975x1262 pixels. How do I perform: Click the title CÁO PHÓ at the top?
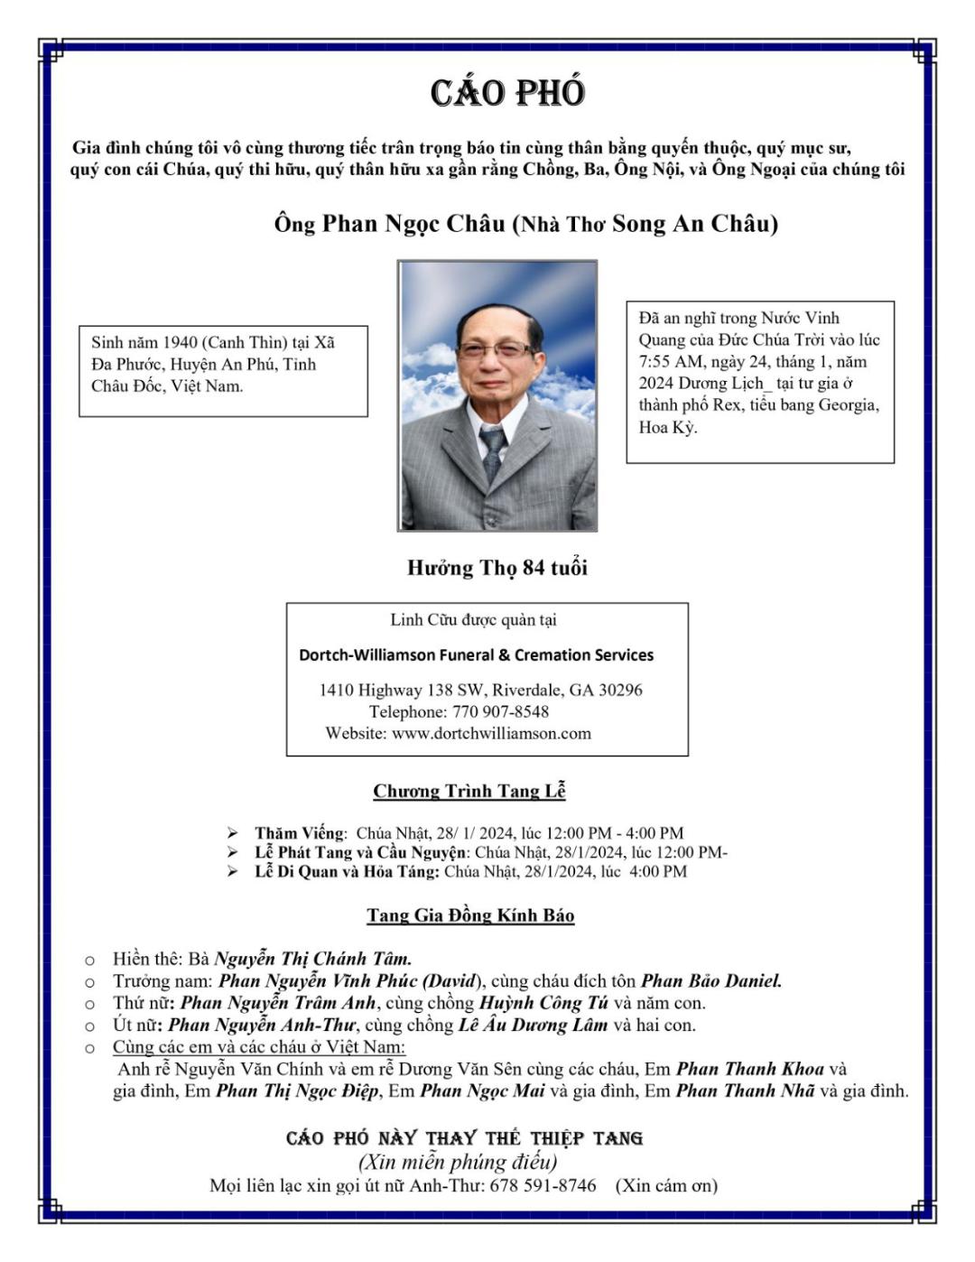[507, 93]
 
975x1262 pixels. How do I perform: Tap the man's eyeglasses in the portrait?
[497, 348]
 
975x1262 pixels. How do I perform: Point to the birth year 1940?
[179, 342]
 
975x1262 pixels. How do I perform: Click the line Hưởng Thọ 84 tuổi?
[497, 568]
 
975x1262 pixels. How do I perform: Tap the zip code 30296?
[620, 690]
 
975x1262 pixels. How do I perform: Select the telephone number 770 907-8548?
[499, 711]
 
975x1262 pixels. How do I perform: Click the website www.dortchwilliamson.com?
[491, 733]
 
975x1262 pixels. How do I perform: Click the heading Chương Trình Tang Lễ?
[469, 791]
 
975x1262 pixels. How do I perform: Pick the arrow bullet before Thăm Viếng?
[233, 833]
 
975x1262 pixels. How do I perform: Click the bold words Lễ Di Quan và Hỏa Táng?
[347, 871]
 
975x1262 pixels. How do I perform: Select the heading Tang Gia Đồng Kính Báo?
[470, 915]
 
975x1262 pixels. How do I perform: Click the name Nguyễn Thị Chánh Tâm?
[312, 959]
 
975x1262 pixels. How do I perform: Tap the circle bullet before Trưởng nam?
[89, 982]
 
